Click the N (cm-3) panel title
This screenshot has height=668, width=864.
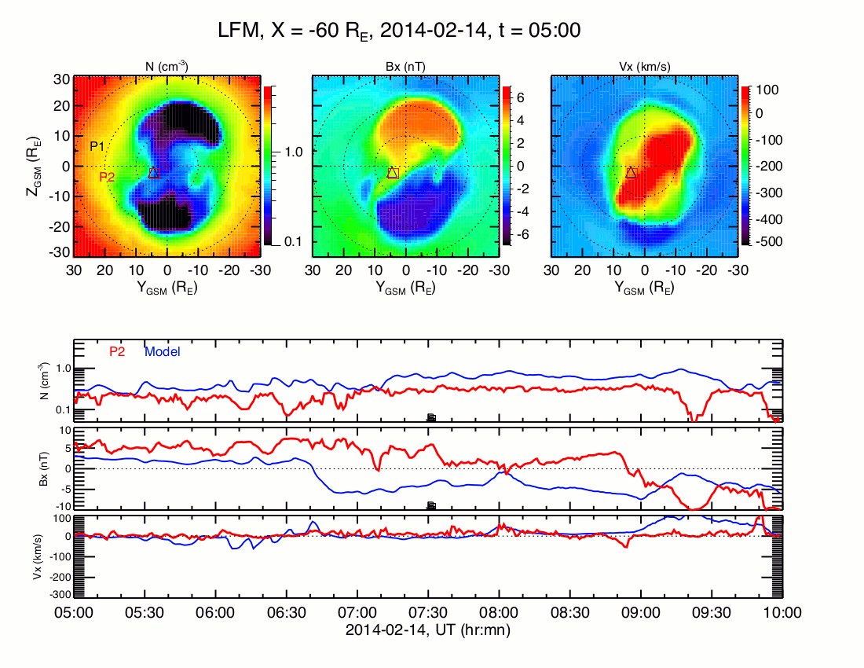point(167,67)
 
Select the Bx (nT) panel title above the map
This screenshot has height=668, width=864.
point(405,67)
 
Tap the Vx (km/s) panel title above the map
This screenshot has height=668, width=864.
point(644,67)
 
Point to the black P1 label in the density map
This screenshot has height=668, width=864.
point(97,146)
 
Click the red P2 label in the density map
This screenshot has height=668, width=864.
point(107,178)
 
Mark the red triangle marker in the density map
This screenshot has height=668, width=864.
point(154,172)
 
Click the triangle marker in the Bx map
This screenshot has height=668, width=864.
point(393,172)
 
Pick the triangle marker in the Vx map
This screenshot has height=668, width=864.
point(631,172)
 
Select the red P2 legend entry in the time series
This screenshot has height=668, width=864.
point(117,352)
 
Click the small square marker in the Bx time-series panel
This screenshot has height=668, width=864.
point(430,505)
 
